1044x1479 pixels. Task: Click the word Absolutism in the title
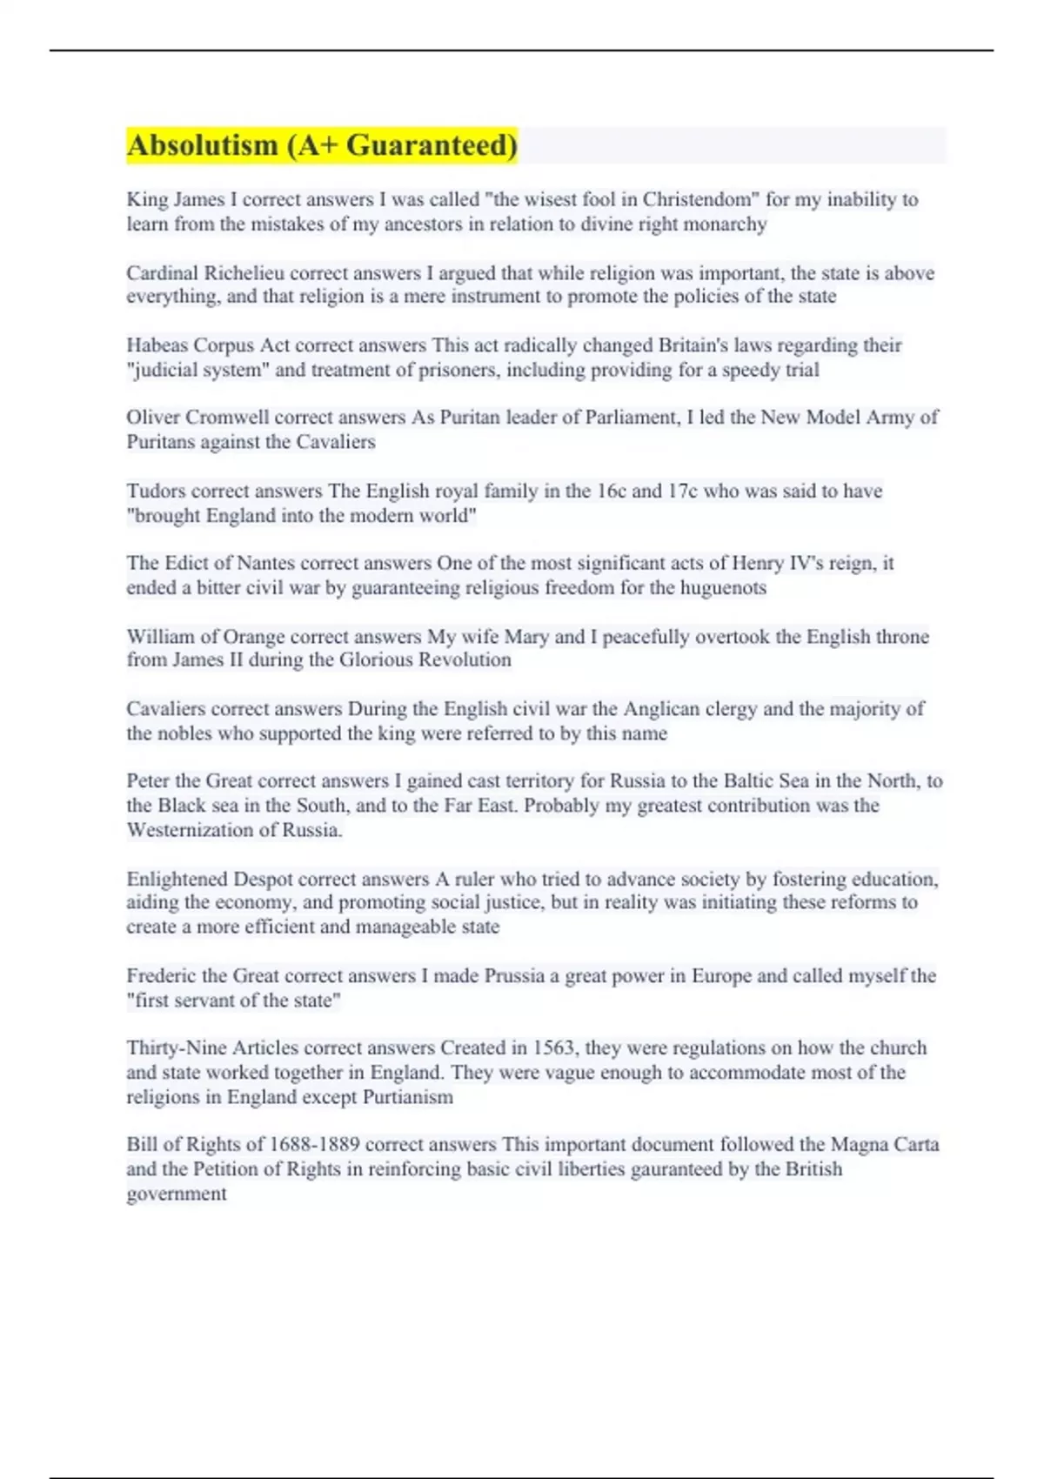pyautogui.click(x=202, y=145)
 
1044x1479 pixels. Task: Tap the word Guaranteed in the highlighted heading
pyautogui.click(x=432, y=145)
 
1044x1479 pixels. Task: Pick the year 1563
pyautogui.click(x=553, y=1047)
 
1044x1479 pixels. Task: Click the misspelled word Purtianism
pyautogui.click(x=408, y=1097)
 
